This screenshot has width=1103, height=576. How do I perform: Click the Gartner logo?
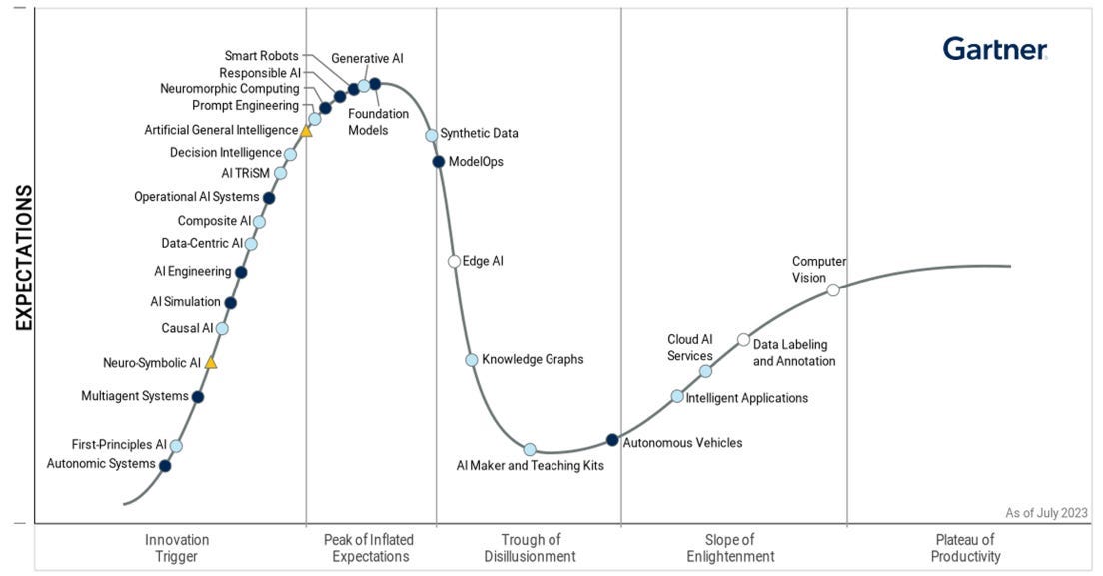pos(994,49)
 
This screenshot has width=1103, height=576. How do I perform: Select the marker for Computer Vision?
pos(833,290)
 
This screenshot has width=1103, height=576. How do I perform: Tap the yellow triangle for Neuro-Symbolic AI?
pos(210,363)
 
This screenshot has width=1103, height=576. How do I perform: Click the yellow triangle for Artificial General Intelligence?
pos(306,131)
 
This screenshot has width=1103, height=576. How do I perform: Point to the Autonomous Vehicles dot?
pos(612,440)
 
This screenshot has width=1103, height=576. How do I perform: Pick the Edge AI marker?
pos(454,262)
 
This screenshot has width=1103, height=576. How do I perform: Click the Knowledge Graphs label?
pos(533,359)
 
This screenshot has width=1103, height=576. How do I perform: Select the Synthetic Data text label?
pos(479,133)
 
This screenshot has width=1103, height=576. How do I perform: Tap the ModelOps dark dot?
pos(438,161)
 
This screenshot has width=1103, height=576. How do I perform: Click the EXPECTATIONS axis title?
pos(24,257)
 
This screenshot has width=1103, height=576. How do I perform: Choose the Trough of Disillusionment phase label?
pos(530,548)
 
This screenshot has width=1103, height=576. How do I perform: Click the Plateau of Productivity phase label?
pos(965,548)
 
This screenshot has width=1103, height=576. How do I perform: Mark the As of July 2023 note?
pos(1046,513)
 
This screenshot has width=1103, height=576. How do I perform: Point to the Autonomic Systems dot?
pos(165,465)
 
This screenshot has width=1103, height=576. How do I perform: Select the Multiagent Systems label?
pos(134,396)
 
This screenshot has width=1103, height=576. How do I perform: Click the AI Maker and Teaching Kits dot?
pos(530,449)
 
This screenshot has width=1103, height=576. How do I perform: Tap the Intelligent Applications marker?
pos(677,396)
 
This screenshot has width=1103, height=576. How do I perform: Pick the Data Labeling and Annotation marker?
pos(743,340)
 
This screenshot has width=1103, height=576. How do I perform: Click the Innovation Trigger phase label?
pos(177,548)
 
